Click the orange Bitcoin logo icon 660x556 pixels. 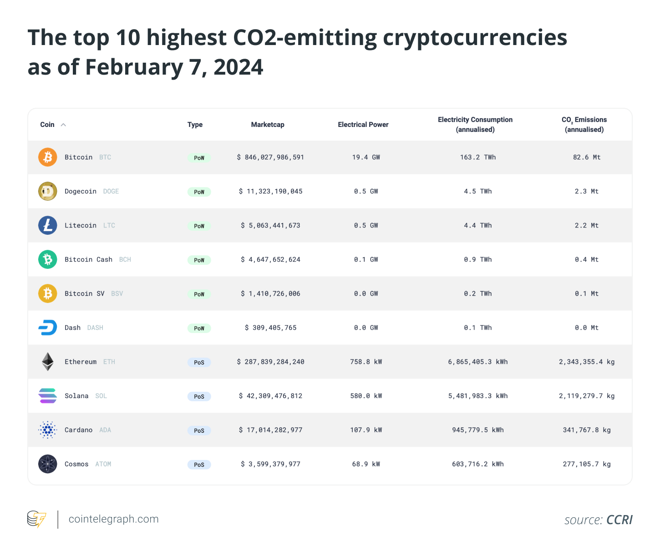47,157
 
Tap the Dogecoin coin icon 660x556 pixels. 47,191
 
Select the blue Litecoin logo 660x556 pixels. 47,225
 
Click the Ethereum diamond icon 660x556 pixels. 47,362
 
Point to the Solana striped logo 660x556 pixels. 47,396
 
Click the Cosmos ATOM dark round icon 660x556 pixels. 47,464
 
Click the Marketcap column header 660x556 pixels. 268,125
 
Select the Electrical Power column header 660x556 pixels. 363,125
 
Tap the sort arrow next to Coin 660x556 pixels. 63,125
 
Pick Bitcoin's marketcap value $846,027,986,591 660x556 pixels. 270,157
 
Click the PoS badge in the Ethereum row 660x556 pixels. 199,362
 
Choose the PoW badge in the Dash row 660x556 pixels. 199,328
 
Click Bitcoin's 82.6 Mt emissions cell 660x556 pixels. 586,157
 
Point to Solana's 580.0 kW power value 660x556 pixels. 366,396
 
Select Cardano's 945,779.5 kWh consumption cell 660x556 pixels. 477,430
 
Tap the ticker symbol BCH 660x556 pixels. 125,259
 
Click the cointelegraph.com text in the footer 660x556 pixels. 113,519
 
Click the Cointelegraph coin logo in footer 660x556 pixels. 37,519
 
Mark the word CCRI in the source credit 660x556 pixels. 619,520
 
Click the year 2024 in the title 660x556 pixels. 238,67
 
